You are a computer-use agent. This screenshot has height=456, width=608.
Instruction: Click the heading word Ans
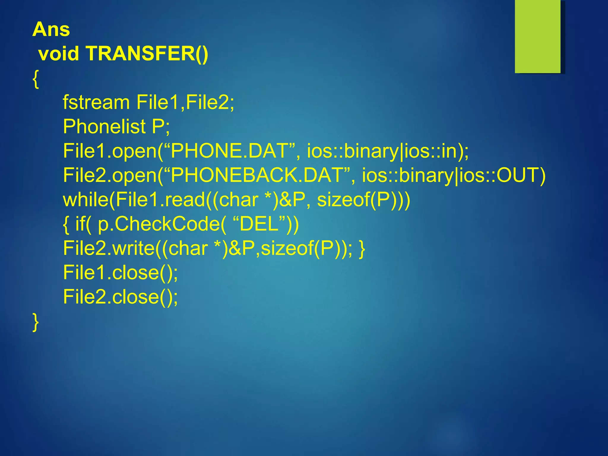pos(51,30)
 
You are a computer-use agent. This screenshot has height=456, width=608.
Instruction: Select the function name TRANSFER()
pos(147,54)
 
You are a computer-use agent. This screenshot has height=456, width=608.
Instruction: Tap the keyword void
pos(59,54)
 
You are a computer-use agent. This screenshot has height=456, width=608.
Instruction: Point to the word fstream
pos(96,102)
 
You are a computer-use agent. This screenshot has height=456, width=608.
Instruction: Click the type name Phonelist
pos(104,126)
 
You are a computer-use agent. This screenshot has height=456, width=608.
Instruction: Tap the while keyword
pos(85,199)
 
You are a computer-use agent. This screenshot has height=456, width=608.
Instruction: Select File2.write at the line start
pos(109,248)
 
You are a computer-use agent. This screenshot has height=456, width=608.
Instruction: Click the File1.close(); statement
pos(121,273)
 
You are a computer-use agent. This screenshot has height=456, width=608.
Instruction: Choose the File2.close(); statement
pos(121,297)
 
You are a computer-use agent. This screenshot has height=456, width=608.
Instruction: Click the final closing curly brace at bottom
pos(36,322)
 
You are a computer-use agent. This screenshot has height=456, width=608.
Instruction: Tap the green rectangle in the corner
pos(537,36)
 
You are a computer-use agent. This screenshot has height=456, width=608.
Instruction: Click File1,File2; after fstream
pos(185,102)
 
